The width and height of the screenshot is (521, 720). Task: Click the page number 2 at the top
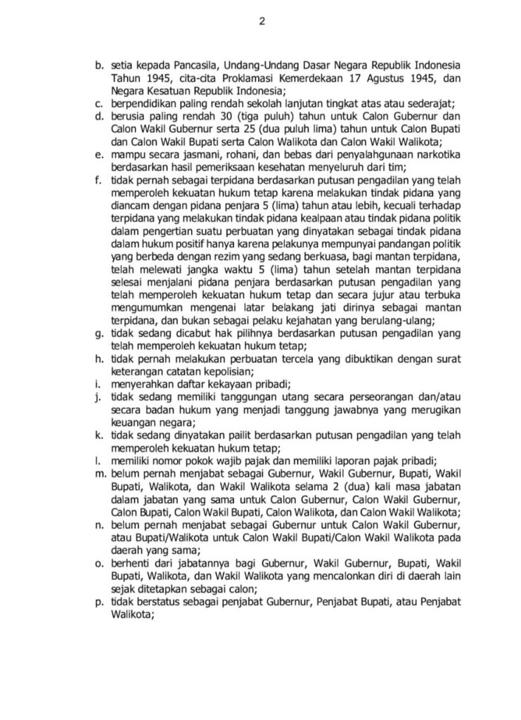[262, 20]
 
